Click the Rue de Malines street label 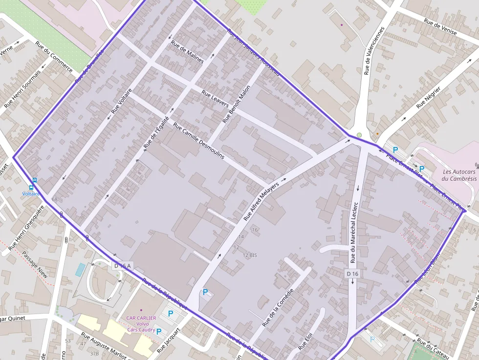187,51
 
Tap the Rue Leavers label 215,99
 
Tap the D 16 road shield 352,274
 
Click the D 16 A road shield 123,266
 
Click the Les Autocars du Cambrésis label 458,175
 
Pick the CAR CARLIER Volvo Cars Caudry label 141,324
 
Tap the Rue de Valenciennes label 374,51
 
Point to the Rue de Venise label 440,27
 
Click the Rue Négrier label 428,97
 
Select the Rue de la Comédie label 278,307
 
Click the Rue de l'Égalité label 156,132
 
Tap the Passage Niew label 35,264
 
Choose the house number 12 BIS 250,255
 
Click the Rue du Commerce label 54,55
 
